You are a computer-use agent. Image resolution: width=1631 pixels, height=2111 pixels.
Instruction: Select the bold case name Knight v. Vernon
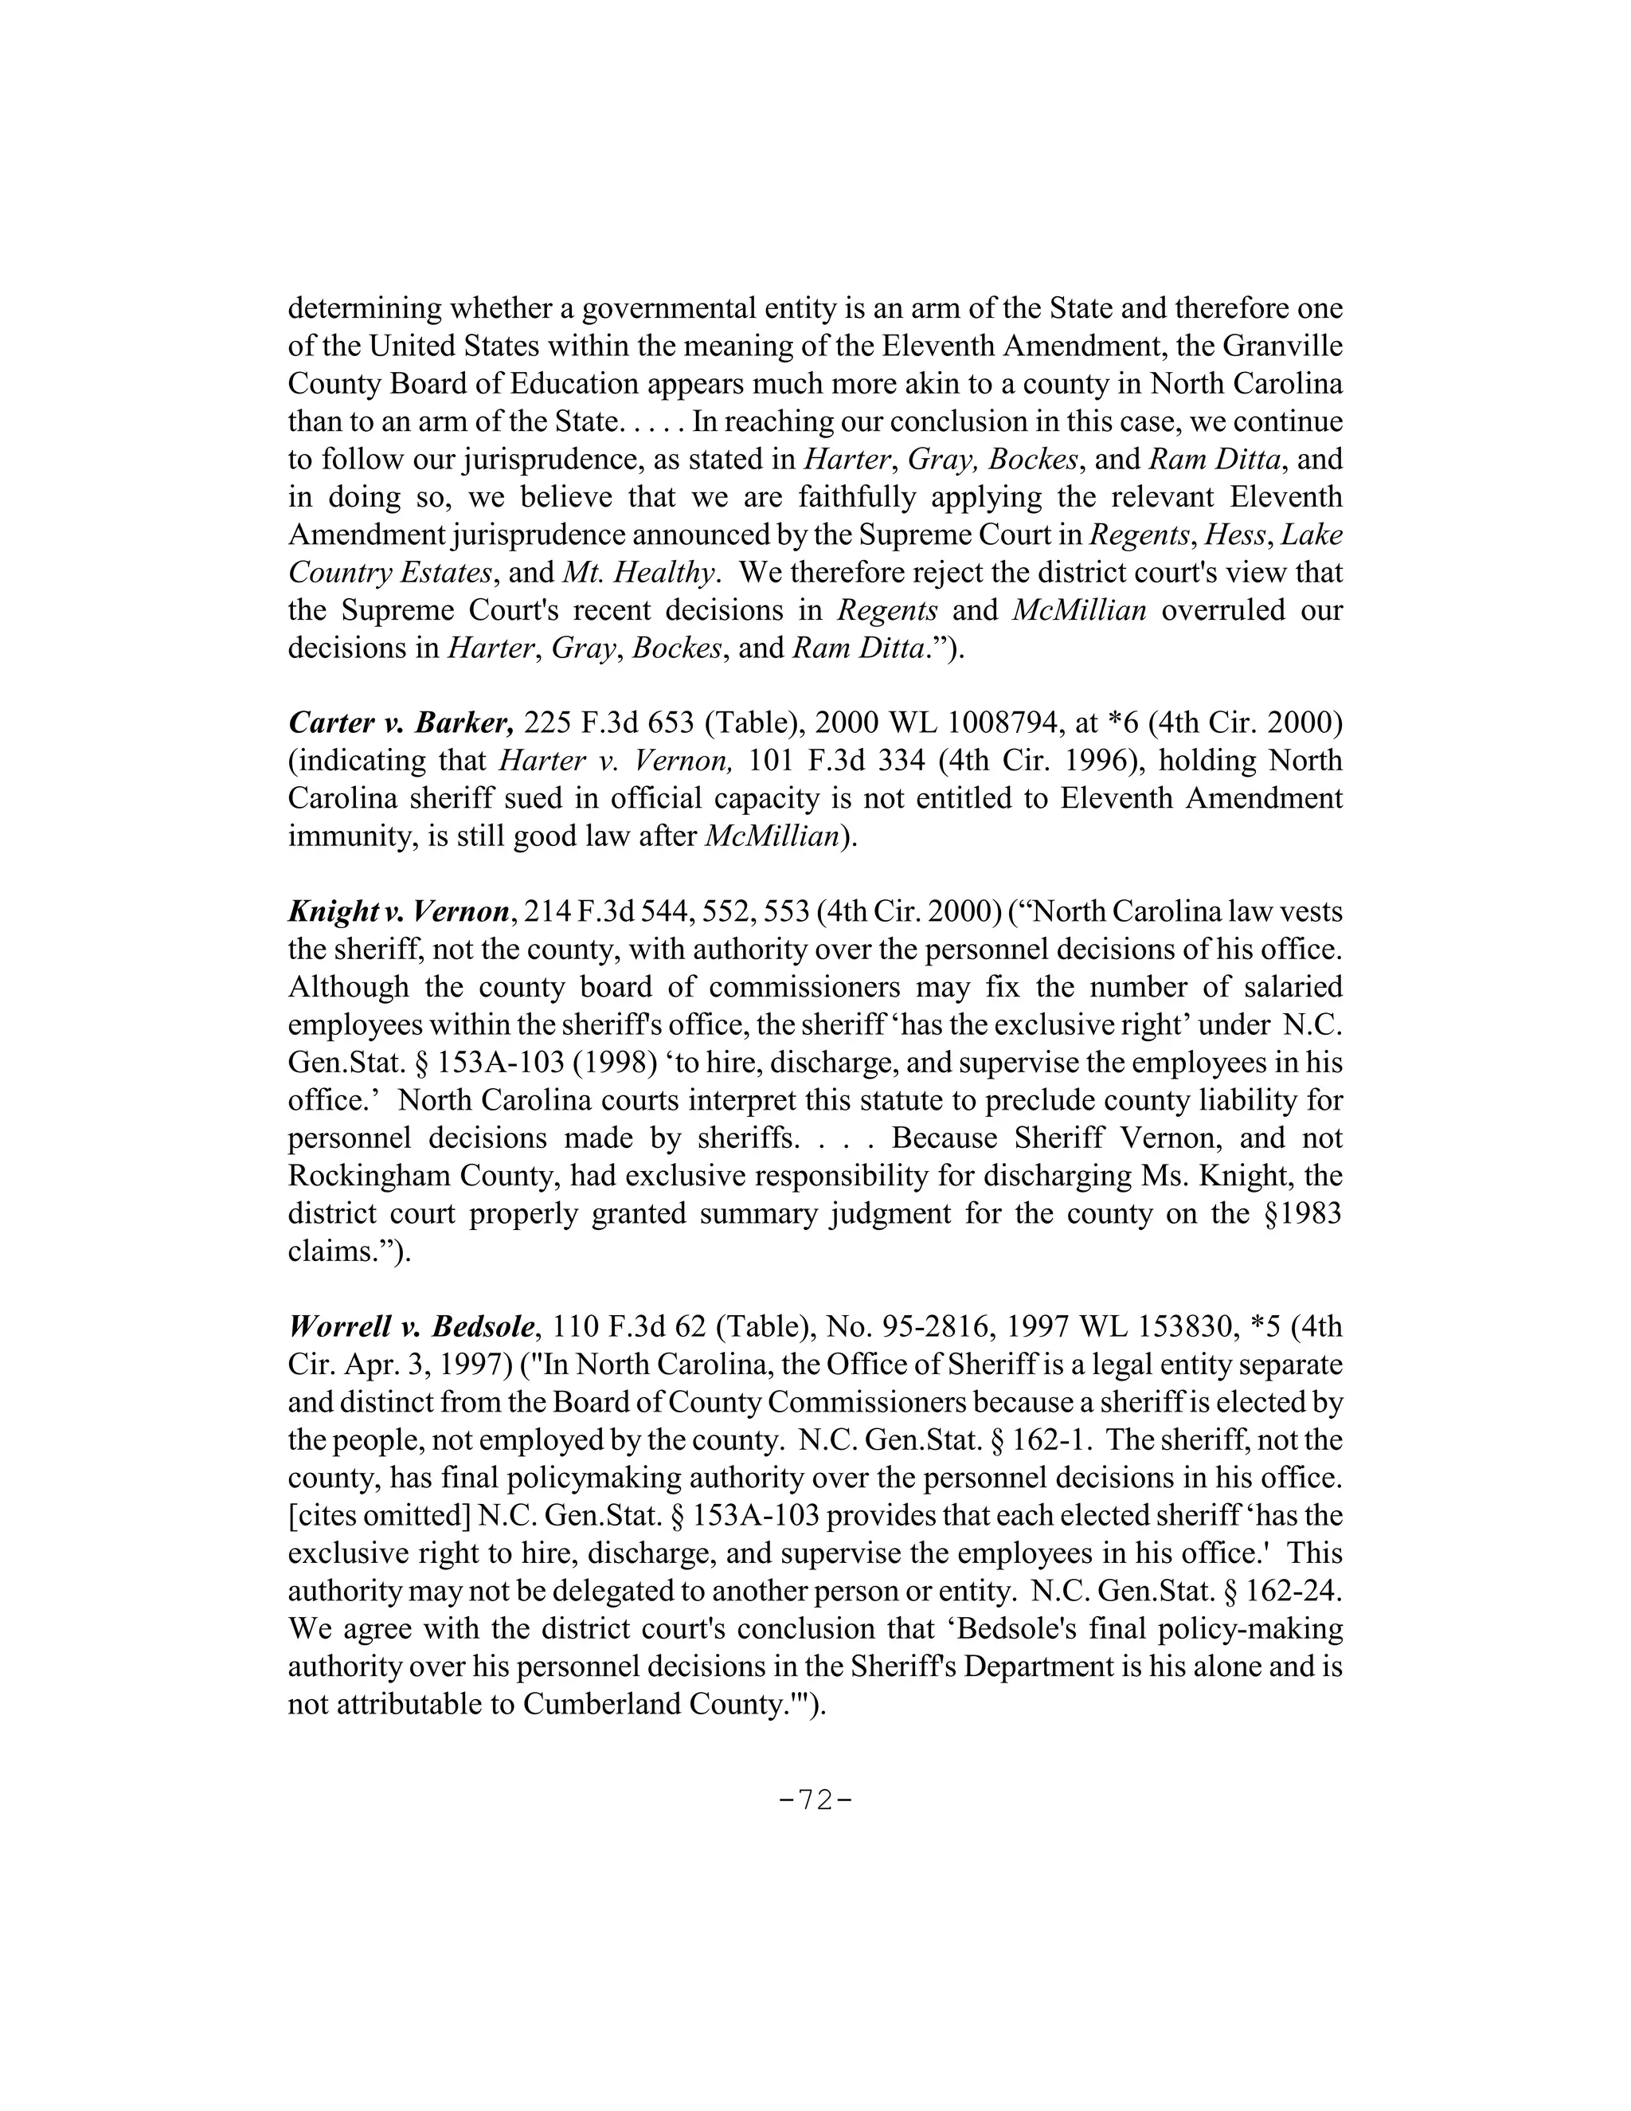[x=398, y=911]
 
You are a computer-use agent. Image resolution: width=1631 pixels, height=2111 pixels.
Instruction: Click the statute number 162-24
[x=1293, y=1590]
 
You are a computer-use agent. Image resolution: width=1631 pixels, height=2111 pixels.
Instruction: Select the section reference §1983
[x=1301, y=1213]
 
